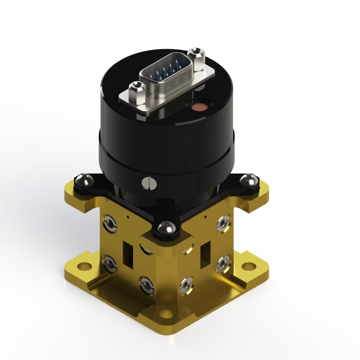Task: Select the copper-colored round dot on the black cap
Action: pos(199,107)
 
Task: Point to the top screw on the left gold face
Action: pos(108,223)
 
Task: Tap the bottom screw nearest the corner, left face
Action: pos(146,285)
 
